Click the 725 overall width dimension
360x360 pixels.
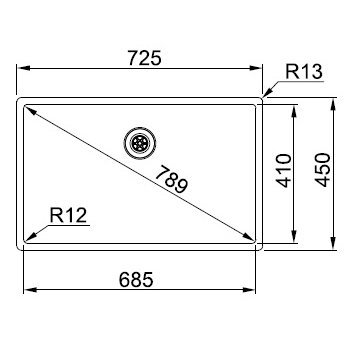pos(145,58)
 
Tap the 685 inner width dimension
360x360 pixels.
pos(136,280)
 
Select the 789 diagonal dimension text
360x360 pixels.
pos(172,180)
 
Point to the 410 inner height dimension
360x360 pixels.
pos(284,170)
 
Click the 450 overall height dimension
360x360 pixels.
pos(323,170)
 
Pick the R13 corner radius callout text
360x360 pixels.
pos(304,72)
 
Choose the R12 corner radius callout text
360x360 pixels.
pos(68,215)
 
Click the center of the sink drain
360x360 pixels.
pos(140,143)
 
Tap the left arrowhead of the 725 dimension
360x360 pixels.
pos(24,68)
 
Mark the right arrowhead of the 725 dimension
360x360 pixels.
pos(255,68)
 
